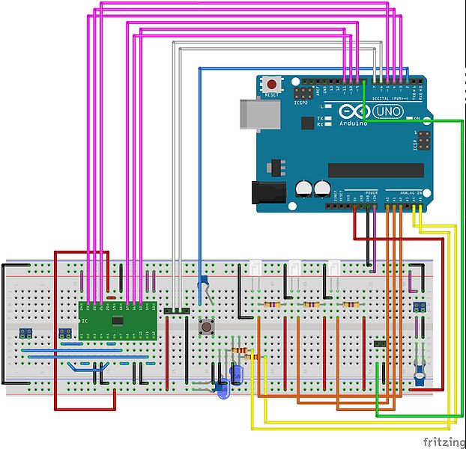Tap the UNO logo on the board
click(x=387, y=112)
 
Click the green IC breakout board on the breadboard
click(x=118, y=319)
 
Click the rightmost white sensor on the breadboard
click(x=333, y=269)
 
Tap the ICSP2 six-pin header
click(x=303, y=94)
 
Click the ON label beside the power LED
click(x=416, y=118)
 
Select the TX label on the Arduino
click(x=320, y=118)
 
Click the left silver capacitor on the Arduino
click(x=304, y=188)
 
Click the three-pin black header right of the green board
click(x=177, y=310)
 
